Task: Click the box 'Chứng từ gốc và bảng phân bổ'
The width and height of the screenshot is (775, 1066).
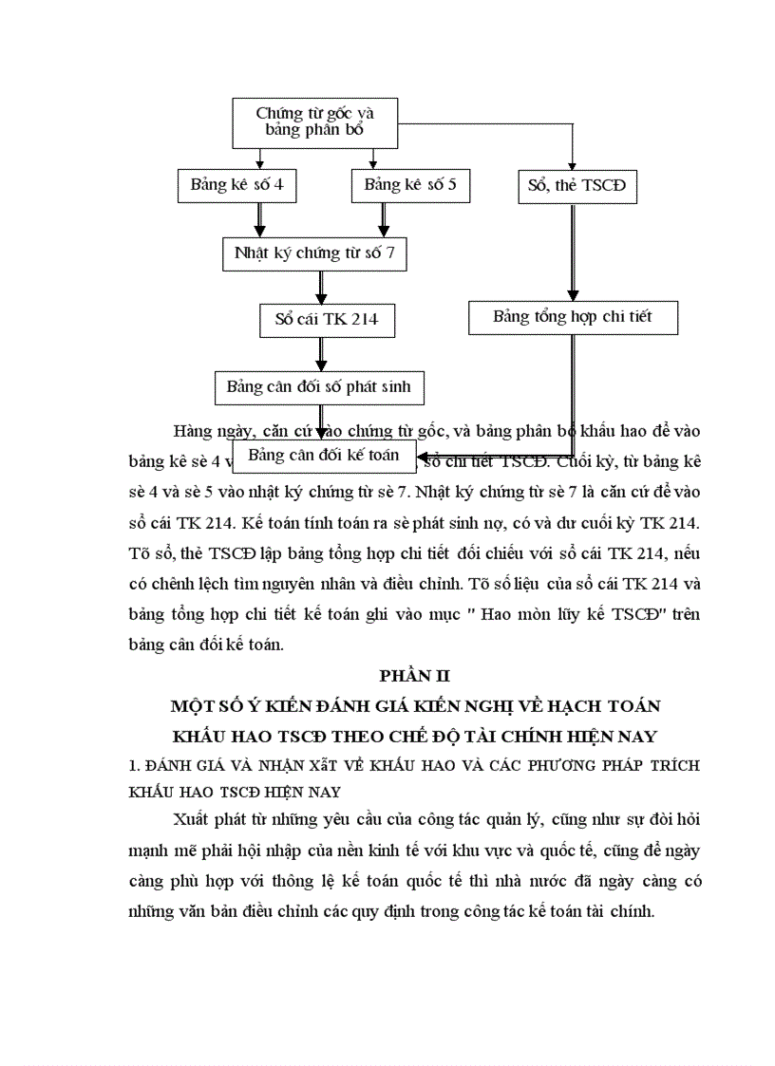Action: click(315, 122)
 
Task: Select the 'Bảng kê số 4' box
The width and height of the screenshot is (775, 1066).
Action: click(236, 185)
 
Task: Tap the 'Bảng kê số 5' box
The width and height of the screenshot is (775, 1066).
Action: click(410, 185)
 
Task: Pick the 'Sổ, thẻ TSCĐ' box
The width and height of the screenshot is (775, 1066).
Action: click(577, 186)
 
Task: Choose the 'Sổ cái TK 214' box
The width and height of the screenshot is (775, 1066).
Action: click(326, 319)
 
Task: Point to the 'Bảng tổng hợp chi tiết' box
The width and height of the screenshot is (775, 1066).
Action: click(573, 317)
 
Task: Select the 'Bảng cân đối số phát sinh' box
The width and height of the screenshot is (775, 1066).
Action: click(319, 387)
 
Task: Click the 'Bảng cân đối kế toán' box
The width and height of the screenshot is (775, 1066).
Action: click(323, 455)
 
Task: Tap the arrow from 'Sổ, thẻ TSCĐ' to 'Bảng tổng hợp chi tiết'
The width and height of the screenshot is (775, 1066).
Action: click(573, 252)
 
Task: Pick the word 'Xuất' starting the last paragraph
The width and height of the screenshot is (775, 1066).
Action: click(195, 819)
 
